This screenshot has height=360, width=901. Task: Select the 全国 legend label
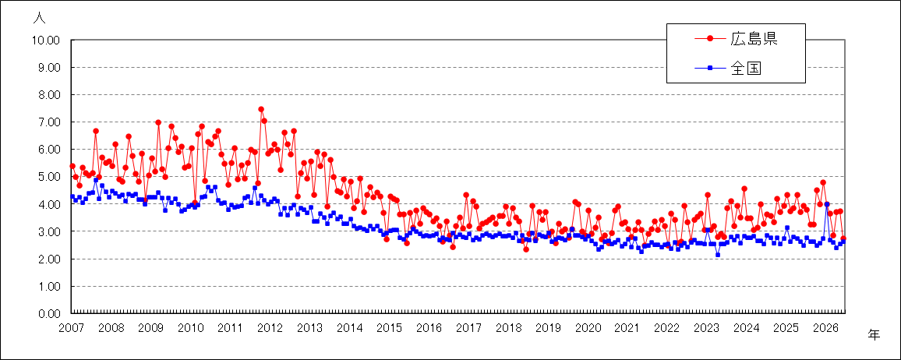(x=746, y=68)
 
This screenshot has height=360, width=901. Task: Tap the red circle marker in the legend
(x=710, y=39)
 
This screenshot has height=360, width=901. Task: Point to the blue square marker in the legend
(x=710, y=69)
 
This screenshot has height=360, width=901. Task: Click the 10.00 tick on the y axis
(x=47, y=41)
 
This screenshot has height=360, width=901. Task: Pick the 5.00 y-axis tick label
(x=49, y=177)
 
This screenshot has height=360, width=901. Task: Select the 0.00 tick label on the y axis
(x=49, y=313)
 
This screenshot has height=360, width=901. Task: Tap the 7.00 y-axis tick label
(x=49, y=122)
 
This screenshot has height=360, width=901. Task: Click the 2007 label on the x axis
(x=72, y=328)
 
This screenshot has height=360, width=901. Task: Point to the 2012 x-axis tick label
(x=270, y=328)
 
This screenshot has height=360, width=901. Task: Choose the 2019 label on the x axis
(x=548, y=328)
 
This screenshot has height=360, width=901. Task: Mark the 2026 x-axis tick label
(x=825, y=328)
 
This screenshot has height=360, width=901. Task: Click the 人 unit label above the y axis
(x=39, y=18)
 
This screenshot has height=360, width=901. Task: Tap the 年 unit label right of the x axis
(x=874, y=334)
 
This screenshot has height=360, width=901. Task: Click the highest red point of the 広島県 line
(x=261, y=109)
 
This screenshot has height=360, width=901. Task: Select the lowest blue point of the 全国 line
(x=718, y=254)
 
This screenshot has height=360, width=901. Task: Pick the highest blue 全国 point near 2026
(x=826, y=204)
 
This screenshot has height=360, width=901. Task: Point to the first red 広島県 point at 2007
(x=72, y=166)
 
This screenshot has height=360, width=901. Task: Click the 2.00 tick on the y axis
(x=49, y=259)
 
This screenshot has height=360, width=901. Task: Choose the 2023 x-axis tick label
(x=706, y=328)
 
